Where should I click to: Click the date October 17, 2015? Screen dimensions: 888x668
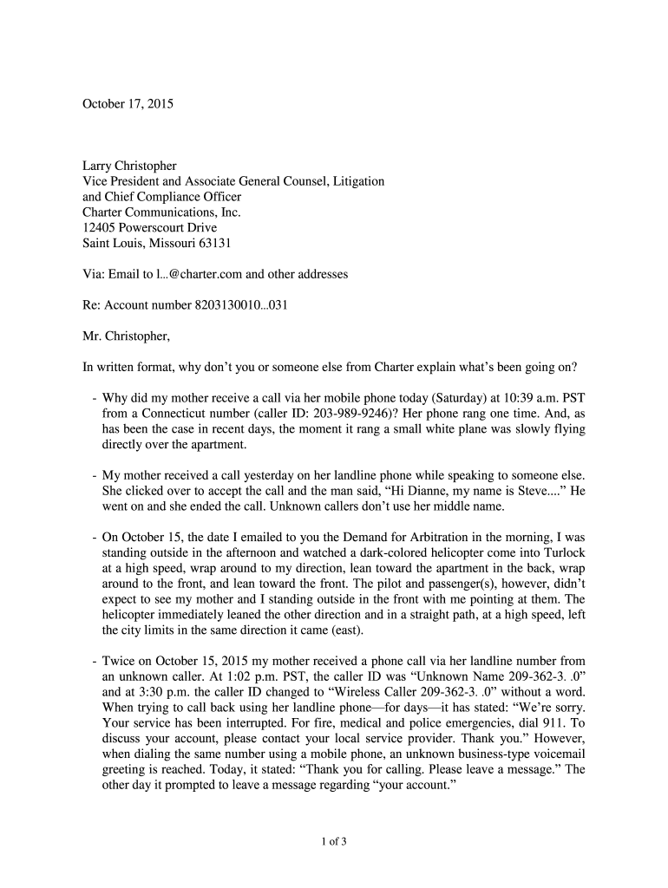click(128, 104)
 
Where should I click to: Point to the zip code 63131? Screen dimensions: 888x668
click(213, 244)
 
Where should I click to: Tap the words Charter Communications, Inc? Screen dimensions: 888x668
click(161, 212)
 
